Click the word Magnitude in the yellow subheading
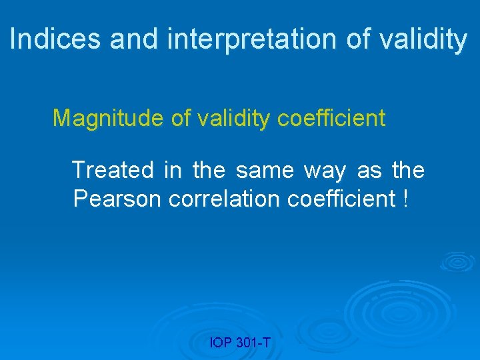point(107,118)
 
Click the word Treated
point(112,170)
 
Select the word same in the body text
point(265,170)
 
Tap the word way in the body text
point(325,171)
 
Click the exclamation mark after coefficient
point(406,198)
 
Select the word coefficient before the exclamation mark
point(342,198)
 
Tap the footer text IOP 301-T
point(239,343)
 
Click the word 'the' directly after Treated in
point(208,170)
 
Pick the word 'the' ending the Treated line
point(408,170)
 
